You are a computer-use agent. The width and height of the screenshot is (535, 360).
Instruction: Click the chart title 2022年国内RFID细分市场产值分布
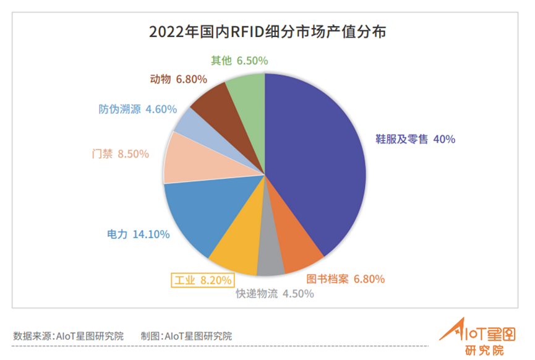point(267,32)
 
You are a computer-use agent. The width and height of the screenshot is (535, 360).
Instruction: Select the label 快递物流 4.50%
point(275,294)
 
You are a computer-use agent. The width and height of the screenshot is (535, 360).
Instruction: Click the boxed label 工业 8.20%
point(202,280)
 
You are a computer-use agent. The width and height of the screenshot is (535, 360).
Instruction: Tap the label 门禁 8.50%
point(120,154)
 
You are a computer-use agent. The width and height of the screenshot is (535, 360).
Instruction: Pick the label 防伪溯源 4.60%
point(138,109)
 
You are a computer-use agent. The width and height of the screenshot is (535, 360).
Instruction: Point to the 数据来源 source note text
point(68,336)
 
